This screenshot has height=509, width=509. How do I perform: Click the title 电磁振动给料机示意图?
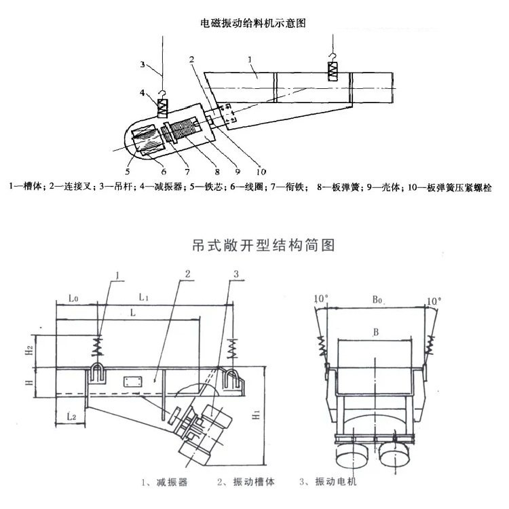(255, 22)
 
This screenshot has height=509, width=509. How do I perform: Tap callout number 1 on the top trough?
(250, 60)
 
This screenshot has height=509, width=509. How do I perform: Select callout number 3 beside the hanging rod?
(143, 65)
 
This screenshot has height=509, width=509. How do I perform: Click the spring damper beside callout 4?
(164, 107)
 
